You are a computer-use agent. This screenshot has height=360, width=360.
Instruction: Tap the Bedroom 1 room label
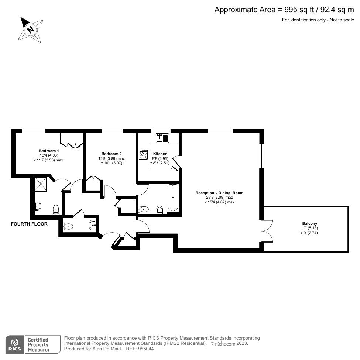(x=49, y=151)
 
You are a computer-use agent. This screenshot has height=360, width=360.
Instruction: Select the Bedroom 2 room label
(x=111, y=154)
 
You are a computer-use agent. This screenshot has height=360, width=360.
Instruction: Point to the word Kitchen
(x=160, y=154)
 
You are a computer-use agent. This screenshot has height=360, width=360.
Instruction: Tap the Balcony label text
(x=309, y=223)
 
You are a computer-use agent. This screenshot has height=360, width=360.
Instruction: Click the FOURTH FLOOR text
(x=29, y=224)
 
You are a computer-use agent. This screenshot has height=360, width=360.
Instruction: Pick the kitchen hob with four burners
(x=143, y=154)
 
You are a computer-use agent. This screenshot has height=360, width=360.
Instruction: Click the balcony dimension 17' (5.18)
(x=309, y=228)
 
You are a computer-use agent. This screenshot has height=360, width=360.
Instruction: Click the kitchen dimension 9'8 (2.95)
(x=160, y=158)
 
